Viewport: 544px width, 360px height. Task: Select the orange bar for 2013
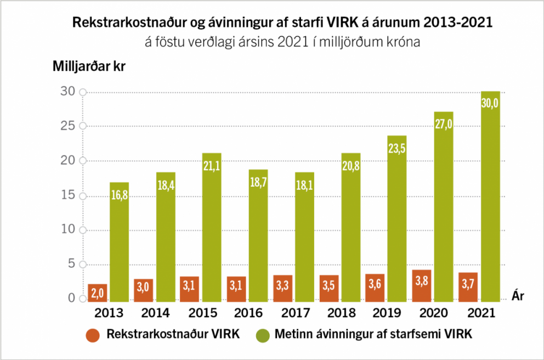pos(97,292)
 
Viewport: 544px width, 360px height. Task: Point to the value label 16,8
pos(120,195)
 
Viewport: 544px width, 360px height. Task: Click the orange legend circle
pos(93,335)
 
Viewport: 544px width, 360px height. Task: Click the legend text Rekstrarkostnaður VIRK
pos(173,334)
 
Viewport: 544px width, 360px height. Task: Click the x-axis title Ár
pos(518,296)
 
